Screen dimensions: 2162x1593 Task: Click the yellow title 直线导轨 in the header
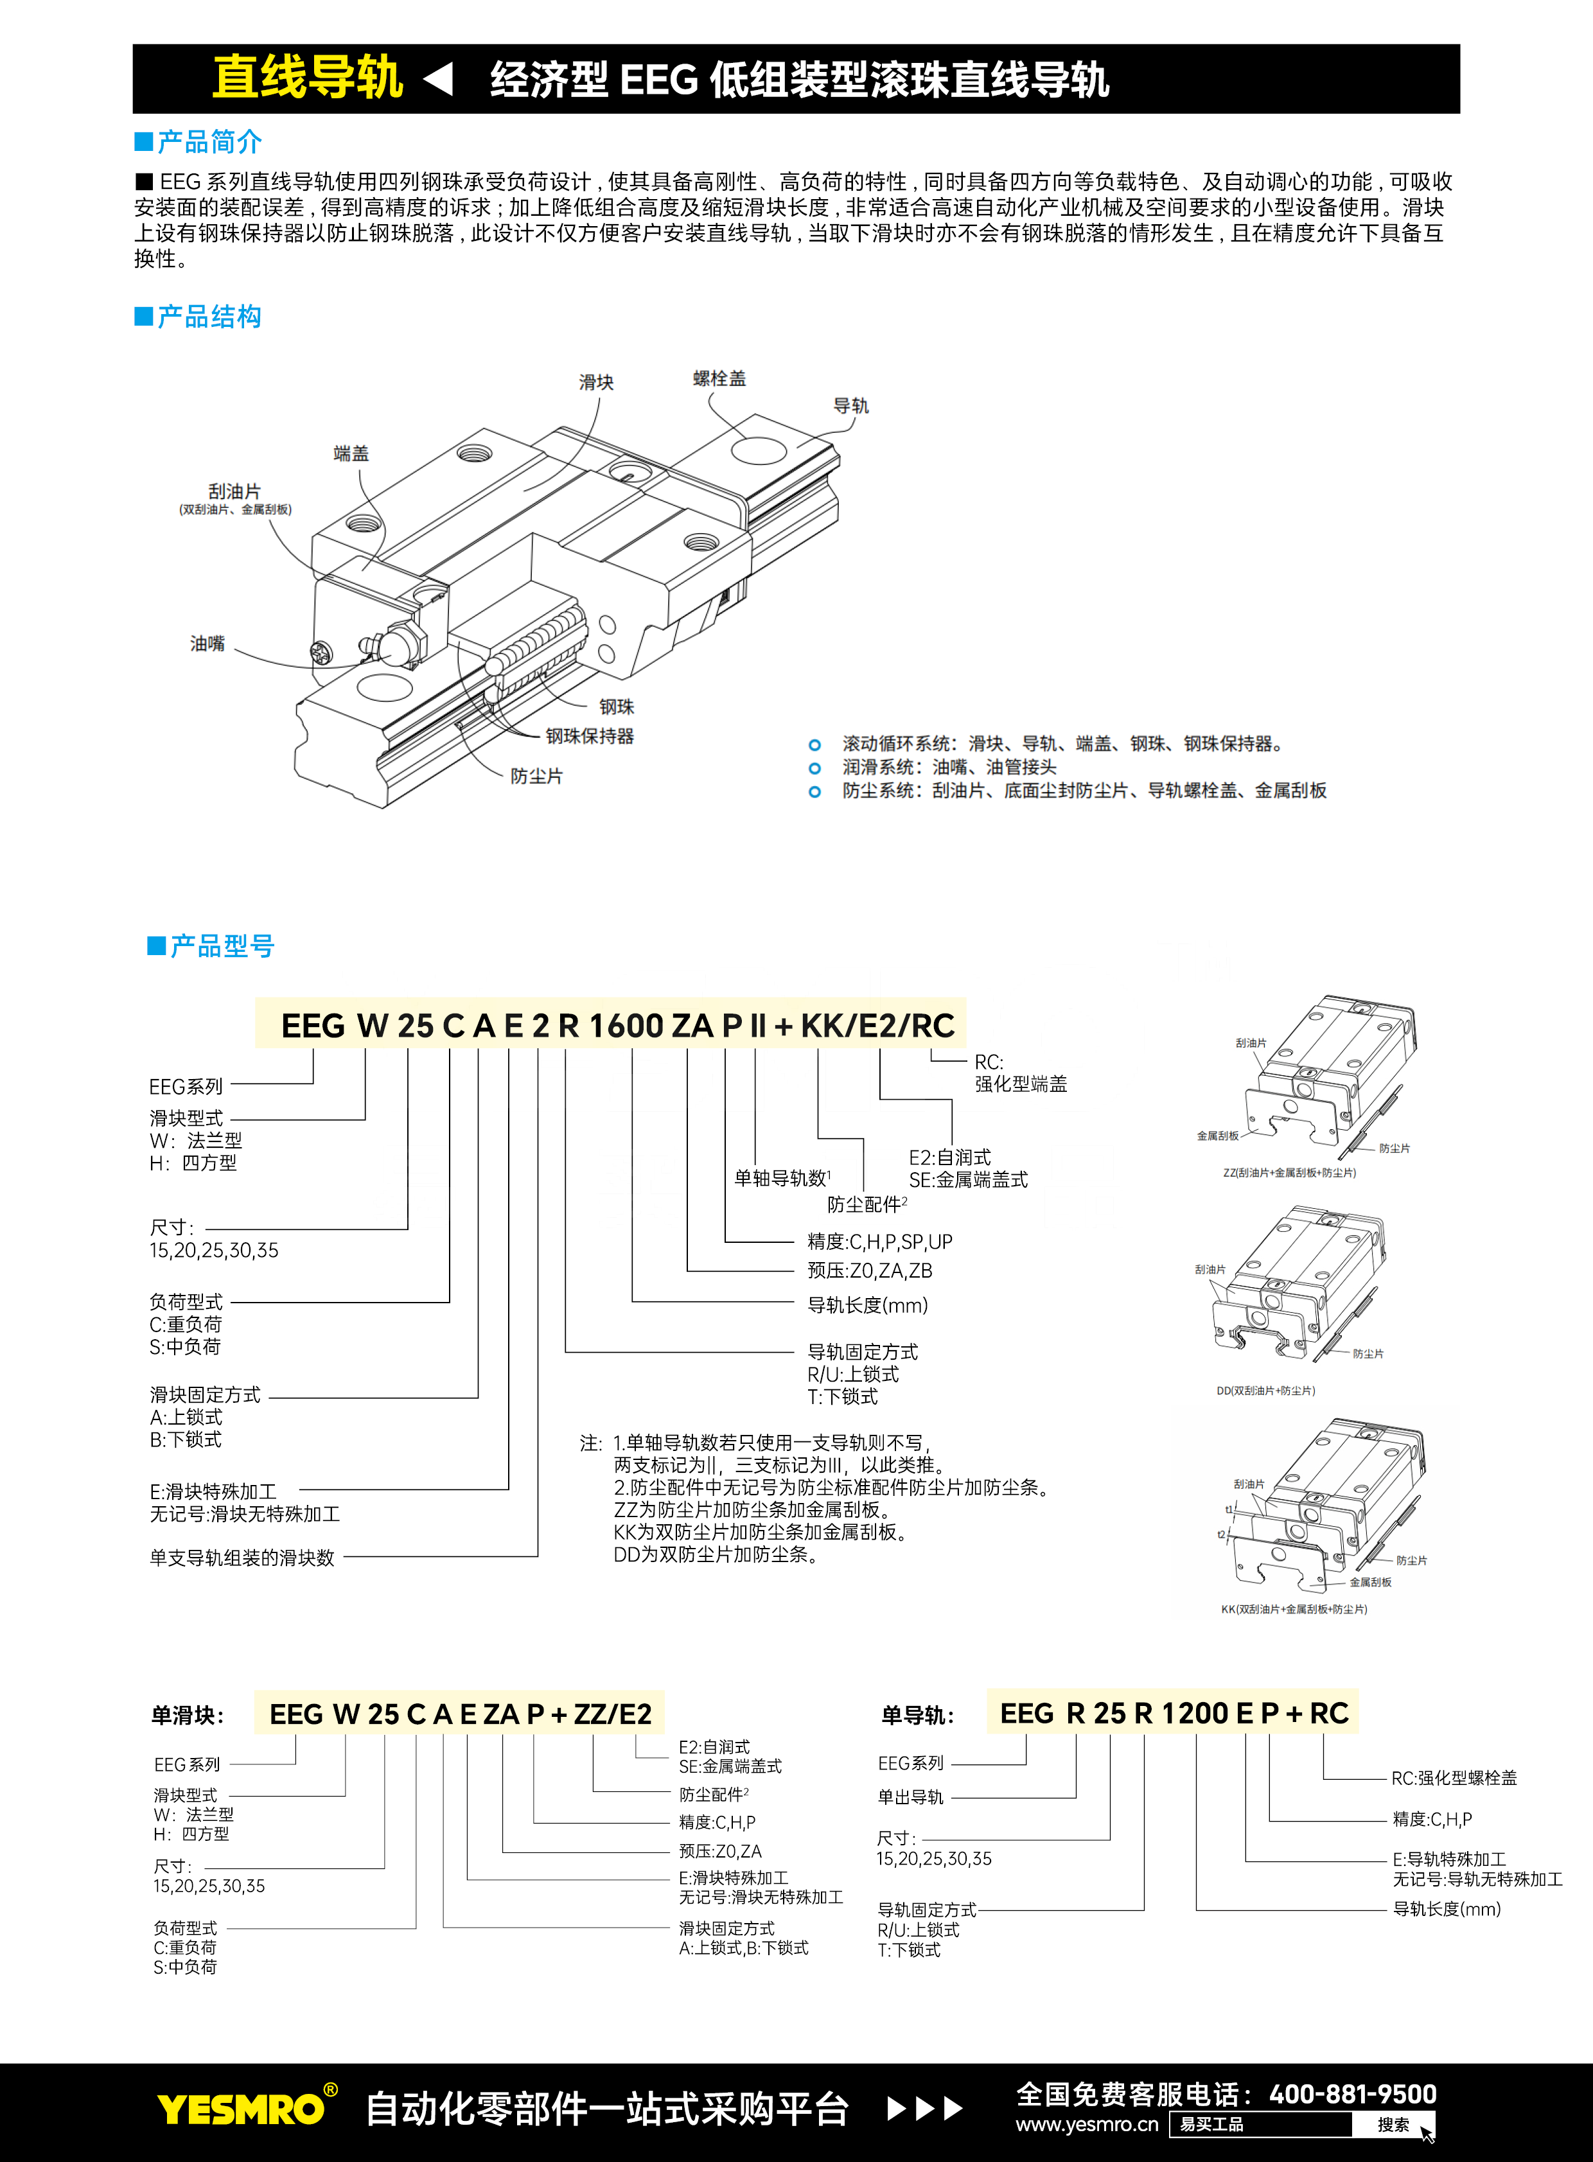coord(306,78)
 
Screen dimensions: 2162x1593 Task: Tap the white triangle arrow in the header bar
coord(439,79)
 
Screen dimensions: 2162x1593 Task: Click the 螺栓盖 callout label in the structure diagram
coord(719,379)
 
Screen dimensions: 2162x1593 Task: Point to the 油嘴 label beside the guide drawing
coord(207,643)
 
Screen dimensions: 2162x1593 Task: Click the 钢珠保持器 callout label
coord(589,736)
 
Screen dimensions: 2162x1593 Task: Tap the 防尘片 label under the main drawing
coord(536,777)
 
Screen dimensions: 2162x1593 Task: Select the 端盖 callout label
coord(351,453)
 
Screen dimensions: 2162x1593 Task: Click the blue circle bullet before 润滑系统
coord(815,769)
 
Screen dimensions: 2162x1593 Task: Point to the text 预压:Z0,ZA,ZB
coord(869,1271)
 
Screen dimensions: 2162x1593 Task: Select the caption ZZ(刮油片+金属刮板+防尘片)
coord(1289,1173)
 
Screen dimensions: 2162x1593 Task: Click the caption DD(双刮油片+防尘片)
coord(1265,1391)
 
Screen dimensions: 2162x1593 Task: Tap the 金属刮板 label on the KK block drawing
coord(1369,1583)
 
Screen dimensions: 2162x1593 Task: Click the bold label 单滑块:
coord(187,1716)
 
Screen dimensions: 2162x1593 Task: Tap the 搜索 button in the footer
coord(1393,2124)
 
